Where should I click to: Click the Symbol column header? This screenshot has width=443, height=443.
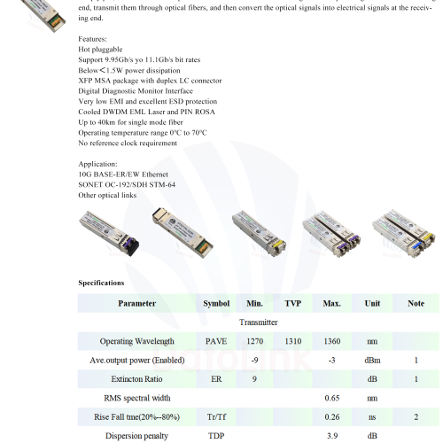(216, 303)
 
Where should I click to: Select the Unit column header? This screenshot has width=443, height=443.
(372, 303)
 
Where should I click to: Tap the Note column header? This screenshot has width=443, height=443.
(416, 303)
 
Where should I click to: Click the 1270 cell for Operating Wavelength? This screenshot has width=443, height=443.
(254, 341)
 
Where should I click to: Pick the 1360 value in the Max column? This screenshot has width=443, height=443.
(332, 341)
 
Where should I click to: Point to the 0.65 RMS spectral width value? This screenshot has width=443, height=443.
(332, 398)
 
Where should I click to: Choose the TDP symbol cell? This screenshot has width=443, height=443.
(216, 436)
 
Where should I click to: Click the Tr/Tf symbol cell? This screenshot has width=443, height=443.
(216, 417)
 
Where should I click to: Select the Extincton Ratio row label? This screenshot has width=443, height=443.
(136, 379)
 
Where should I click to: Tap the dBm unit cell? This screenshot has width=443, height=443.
(372, 361)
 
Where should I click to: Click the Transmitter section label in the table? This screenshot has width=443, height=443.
(259, 323)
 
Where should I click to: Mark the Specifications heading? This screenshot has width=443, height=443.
(101, 283)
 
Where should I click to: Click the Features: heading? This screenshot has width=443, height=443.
(92, 39)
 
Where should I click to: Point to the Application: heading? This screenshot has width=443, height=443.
(97, 164)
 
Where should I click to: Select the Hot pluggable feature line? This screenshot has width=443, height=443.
(100, 50)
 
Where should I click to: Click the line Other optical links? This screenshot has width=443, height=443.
(107, 195)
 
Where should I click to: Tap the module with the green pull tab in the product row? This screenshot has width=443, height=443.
(183, 233)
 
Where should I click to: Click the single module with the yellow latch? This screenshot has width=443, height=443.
(259, 233)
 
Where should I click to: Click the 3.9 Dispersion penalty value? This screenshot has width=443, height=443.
(332, 436)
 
